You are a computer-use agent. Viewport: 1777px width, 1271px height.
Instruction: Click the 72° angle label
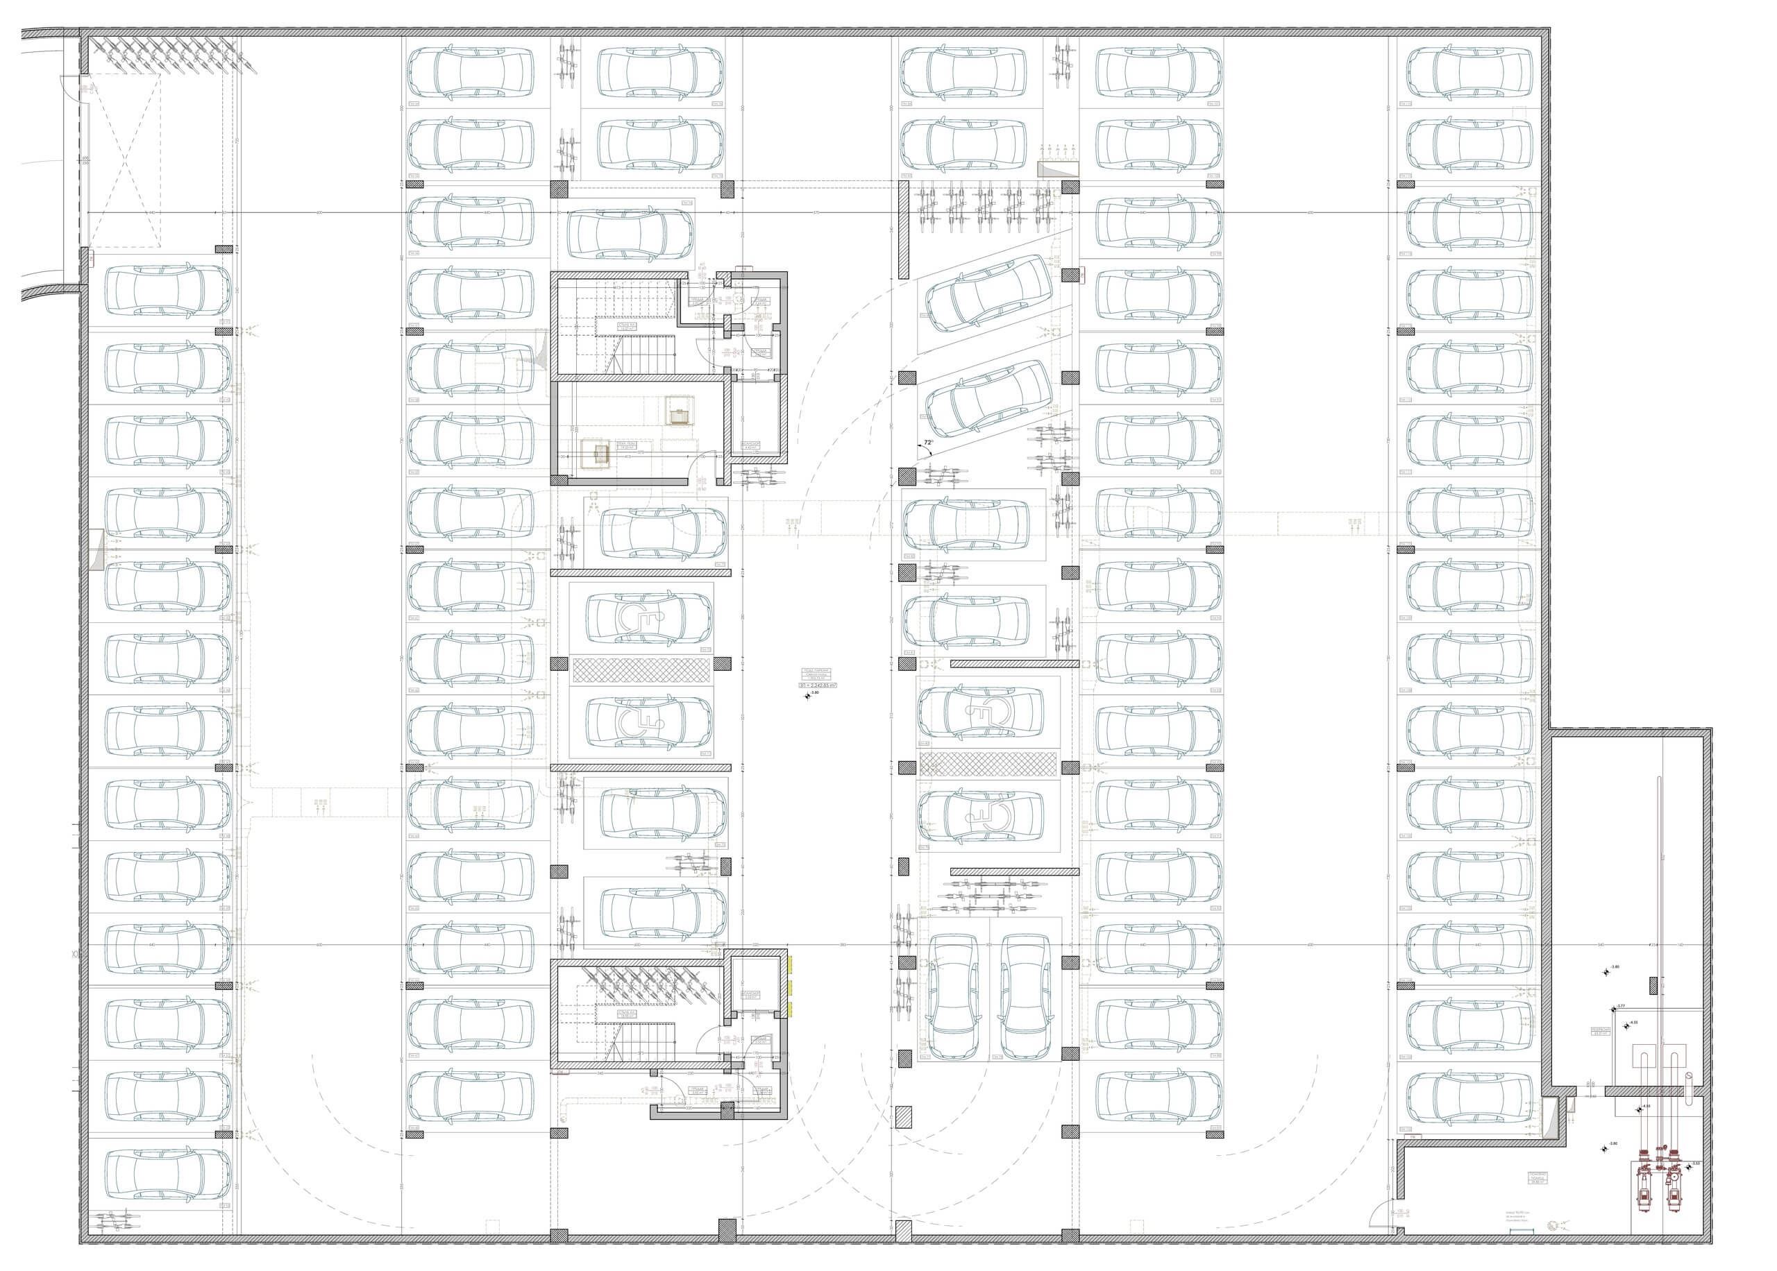pos(929,442)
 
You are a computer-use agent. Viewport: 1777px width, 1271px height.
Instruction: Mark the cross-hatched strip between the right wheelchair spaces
pos(988,764)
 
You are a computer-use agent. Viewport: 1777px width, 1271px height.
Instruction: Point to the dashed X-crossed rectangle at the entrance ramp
pos(125,163)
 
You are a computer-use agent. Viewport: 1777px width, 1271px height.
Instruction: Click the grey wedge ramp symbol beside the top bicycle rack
pos(1054,169)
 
